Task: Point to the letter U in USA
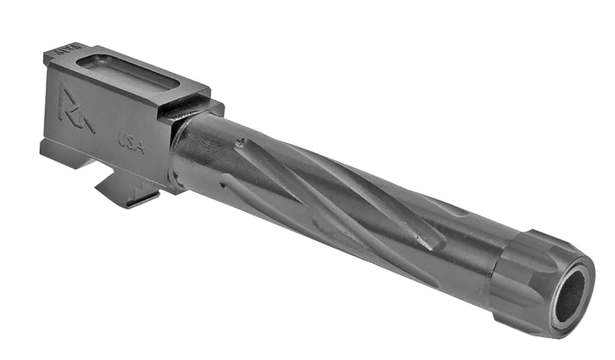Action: pos(122,140)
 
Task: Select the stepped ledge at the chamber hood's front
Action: pos(193,103)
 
